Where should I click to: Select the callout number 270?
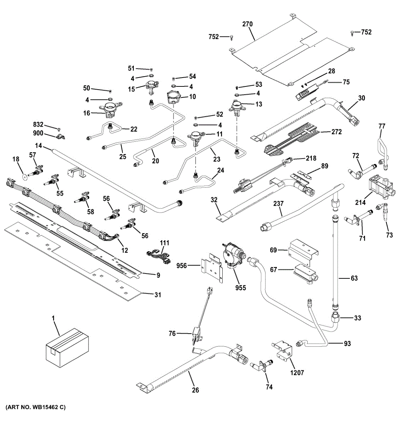click(x=247, y=24)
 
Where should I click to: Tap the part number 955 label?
click(x=240, y=288)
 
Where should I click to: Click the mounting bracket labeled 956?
click(x=212, y=269)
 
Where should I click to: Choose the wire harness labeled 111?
click(x=158, y=255)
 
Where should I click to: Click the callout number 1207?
click(x=297, y=373)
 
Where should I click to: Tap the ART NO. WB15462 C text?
click(x=35, y=407)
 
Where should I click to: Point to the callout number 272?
click(x=336, y=132)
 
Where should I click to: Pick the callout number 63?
click(x=354, y=278)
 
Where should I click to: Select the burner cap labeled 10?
click(x=173, y=97)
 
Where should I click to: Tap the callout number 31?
click(x=158, y=295)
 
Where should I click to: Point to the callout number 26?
click(x=195, y=390)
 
